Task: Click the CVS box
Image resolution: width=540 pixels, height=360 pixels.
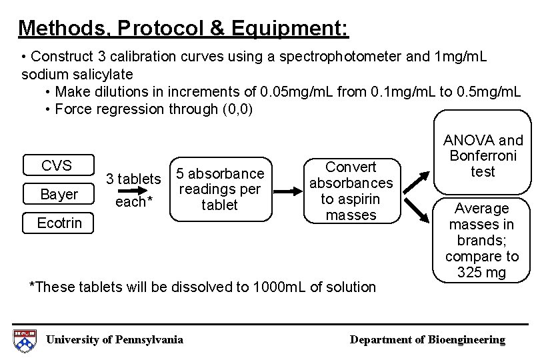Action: click(x=57, y=165)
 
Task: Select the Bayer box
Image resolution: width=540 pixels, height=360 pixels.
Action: click(x=59, y=194)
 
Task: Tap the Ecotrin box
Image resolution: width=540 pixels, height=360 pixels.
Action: click(x=59, y=223)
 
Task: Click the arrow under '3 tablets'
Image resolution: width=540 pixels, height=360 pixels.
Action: click(x=133, y=190)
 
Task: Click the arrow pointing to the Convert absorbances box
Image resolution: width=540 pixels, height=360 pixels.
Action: click(x=289, y=191)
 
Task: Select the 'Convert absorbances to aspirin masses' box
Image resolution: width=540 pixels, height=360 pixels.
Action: click(x=352, y=191)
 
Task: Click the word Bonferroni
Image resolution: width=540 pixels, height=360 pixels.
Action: click(x=483, y=157)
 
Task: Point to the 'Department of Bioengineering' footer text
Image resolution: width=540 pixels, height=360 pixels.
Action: click(x=428, y=340)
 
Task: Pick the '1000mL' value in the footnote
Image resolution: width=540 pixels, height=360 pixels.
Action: click(x=273, y=287)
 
